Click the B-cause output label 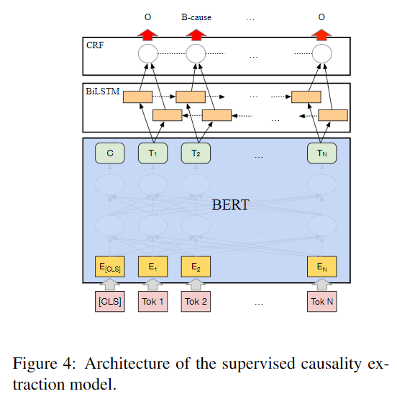tap(196, 17)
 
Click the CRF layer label tap(94, 45)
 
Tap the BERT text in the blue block tap(230, 205)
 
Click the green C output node tap(110, 153)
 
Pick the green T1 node tap(152, 153)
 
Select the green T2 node tap(195, 153)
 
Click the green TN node tap(321, 153)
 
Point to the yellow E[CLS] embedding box tap(110, 266)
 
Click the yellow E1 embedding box tap(152, 266)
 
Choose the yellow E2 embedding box tap(195, 266)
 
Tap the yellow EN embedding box tap(321, 266)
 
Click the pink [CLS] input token tap(110, 301)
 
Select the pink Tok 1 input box tap(152, 301)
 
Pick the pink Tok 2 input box tap(195, 301)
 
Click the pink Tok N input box tap(321, 301)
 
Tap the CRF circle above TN tap(321, 53)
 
